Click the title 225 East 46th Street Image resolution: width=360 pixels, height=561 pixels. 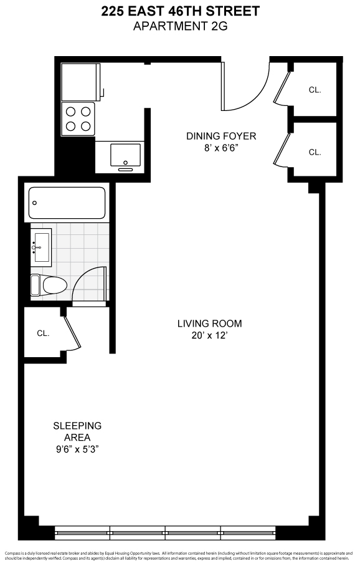coord(180,11)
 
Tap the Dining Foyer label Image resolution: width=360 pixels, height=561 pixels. coord(222,136)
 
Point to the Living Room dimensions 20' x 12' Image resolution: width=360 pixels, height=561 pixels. coord(209,335)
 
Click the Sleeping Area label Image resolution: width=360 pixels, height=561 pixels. coord(77,431)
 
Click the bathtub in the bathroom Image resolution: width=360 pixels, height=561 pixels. coord(67,203)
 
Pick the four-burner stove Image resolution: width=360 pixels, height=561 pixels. coord(78,119)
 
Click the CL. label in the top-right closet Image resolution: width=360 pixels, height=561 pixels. coord(315,90)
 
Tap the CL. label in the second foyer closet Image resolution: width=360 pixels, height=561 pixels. coord(315,151)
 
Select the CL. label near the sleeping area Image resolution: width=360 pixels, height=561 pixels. coord(43,333)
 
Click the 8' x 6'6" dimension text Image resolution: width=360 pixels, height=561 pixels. coord(222,148)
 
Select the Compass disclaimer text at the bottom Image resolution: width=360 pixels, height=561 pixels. coord(180,554)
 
